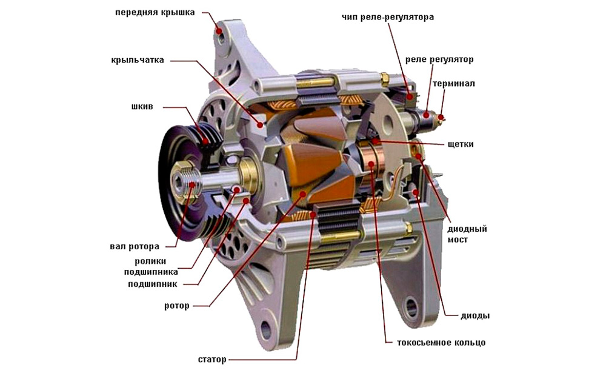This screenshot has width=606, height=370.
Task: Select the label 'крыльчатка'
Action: tap(138, 61)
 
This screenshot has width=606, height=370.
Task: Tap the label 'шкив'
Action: tap(142, 107)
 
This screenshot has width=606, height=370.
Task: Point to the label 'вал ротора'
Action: tap(135, 246)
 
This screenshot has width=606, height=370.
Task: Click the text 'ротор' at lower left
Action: tap(177, 305)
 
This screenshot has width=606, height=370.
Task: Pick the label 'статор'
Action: tap(212, 359)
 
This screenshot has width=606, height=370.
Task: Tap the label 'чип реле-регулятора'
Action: tap(387, 18)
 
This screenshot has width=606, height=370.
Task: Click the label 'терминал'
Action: tap(453, 83)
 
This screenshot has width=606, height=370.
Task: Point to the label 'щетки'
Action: tap(461, 144)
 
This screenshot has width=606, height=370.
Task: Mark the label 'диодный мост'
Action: tap(467, 234)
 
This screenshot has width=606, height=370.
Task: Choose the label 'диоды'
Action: tap(476, 316)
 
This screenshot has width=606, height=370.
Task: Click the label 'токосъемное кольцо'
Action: tap(441, 343)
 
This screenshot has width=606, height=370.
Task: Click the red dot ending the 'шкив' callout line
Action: tap(205, 143)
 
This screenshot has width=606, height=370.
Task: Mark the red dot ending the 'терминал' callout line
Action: tap(441, 117)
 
